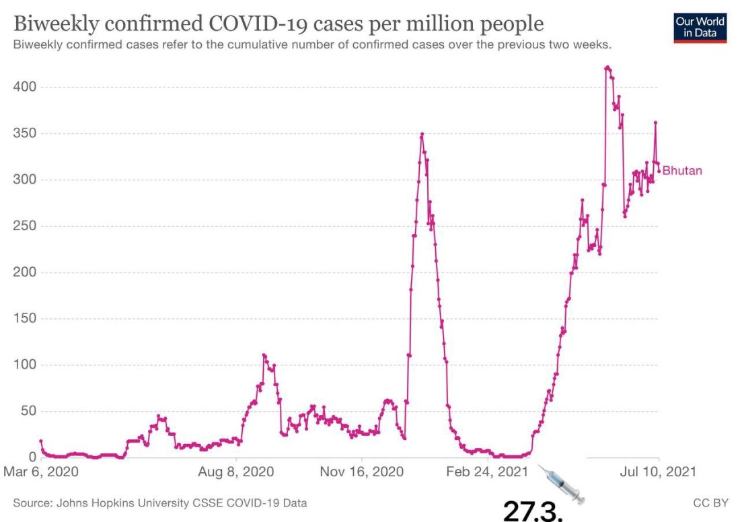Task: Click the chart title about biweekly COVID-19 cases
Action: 279,24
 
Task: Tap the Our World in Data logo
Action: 700,27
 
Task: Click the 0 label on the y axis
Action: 32,457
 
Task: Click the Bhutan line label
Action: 682,171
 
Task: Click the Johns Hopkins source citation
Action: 160,502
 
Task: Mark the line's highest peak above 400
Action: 607,67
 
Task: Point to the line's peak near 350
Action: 422,134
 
